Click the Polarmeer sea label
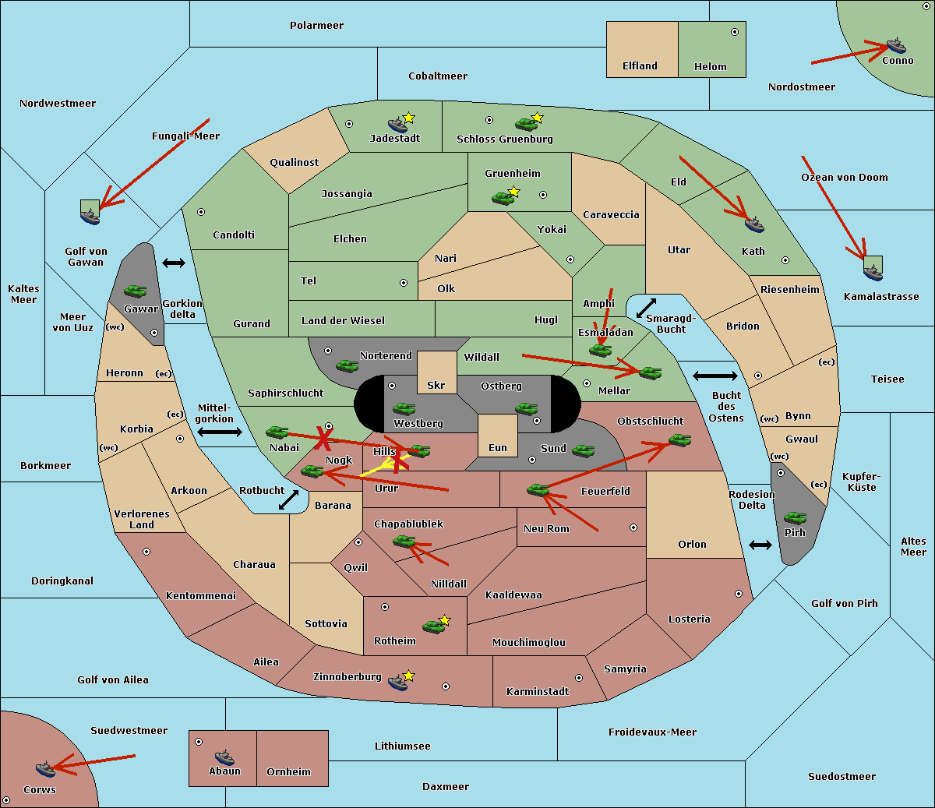[316, 26]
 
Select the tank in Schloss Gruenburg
[526, 123]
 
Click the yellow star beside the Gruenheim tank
[513, 191]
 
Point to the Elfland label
[640, 66]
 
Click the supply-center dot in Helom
[734, 32]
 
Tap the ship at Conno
[896, 45]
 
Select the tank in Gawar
[135, 291]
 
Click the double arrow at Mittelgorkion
[220, 432]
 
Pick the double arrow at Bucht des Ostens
[714, 376]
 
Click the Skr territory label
[436, 385]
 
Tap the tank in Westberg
[404, 408]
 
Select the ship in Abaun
[224, 757]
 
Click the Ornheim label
[288, 771]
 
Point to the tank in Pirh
[795, 518]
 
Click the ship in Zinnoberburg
[398, 683]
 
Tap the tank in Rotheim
[433, 626]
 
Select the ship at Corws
[46, 769]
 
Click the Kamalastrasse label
[881, 297]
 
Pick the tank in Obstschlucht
[679, 440]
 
